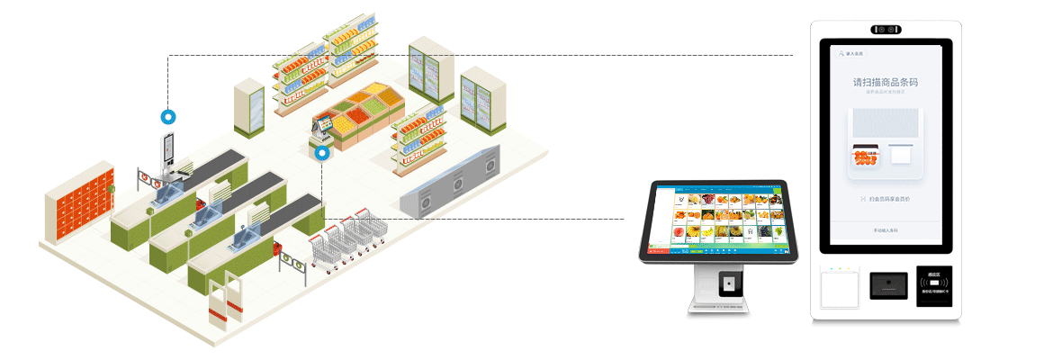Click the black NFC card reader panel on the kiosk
pyautogui.click(x=936, y=285)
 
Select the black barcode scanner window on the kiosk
pyautogui.click(x=887, y=285)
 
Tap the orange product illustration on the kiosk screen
pyautogui.click(x=866, y=158)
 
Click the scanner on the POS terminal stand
pyautogui.click(x=730, y=284)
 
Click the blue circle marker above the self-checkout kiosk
pyautogui.click(x=167, y=116)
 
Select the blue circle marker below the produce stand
pyautogui.click(x=322, y=153)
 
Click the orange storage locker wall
pyautogui.click(x=80, y=206)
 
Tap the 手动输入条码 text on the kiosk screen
pyautogui.click(x=885, y=231)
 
